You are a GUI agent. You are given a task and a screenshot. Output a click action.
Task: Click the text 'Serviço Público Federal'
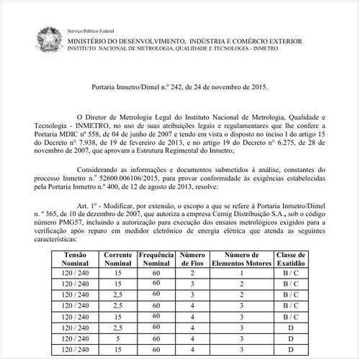[93, 33]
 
